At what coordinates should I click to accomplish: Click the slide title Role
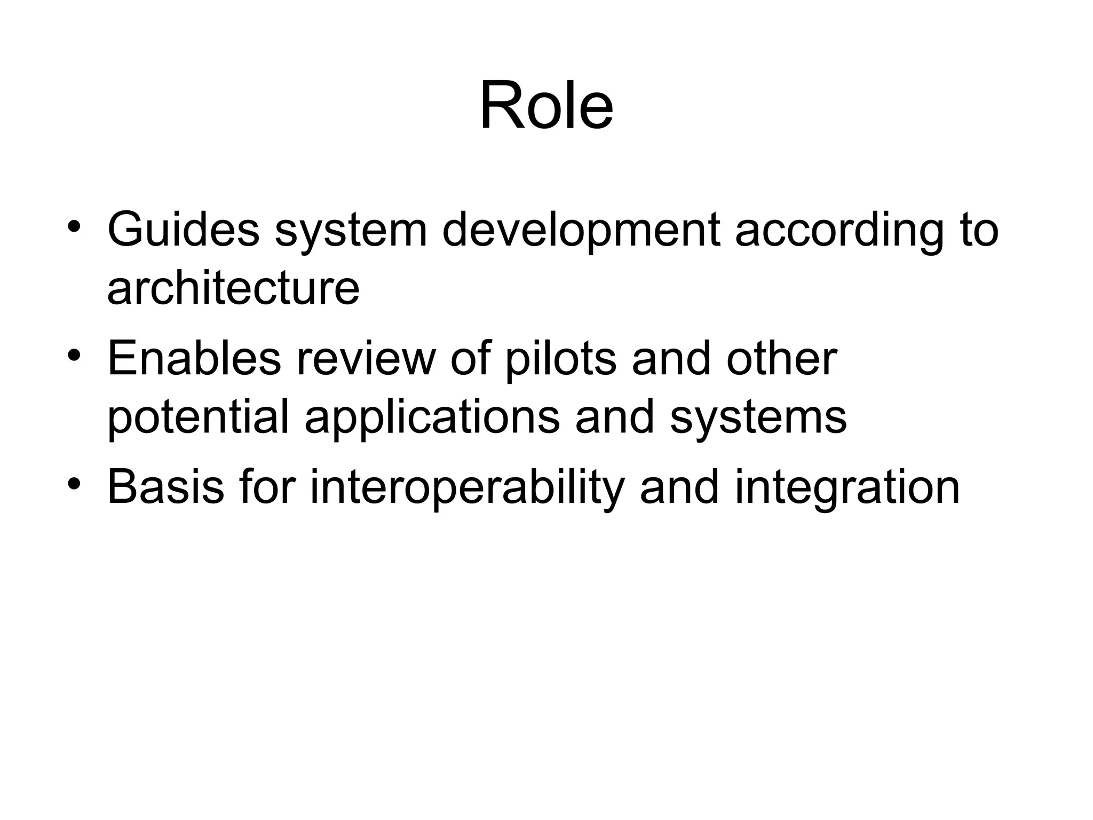(546, 105)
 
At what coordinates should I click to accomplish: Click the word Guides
(183, 231)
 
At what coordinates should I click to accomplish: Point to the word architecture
(233, 288)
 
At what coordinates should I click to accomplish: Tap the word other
(781, 359)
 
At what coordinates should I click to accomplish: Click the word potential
(198, 417)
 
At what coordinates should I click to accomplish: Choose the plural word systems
(758, 417)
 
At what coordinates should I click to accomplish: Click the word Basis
(165, 487)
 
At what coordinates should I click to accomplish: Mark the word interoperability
(467, 487)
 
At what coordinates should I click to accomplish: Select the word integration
(847, 487)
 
